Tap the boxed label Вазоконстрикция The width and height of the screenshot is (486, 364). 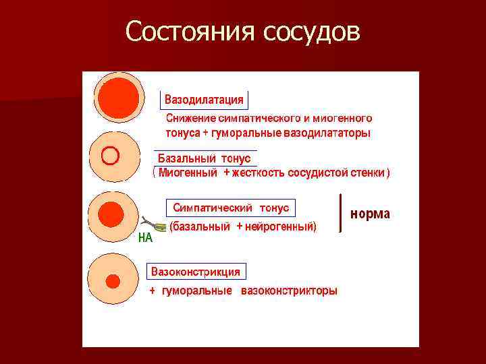[x=196, y=272]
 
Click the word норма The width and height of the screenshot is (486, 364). [x=369, y=214]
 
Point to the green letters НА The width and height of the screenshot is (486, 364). [x=144, y=237]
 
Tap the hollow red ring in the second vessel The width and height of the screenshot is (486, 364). [x=109, y=156]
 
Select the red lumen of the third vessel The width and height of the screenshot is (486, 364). [x=111, y=214]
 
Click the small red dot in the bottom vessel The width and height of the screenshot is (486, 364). [x=113, y=280]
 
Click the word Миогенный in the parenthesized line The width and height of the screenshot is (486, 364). [x=188, y=173]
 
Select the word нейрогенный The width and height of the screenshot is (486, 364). [x=279, y=226]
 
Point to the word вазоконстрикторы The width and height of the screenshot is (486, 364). [x=290, y=291]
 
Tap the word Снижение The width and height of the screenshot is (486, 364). [x=190, y=118]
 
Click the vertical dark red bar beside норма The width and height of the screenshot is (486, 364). [x=340, y=213]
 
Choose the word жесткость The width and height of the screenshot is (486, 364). [x=259, y=173]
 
